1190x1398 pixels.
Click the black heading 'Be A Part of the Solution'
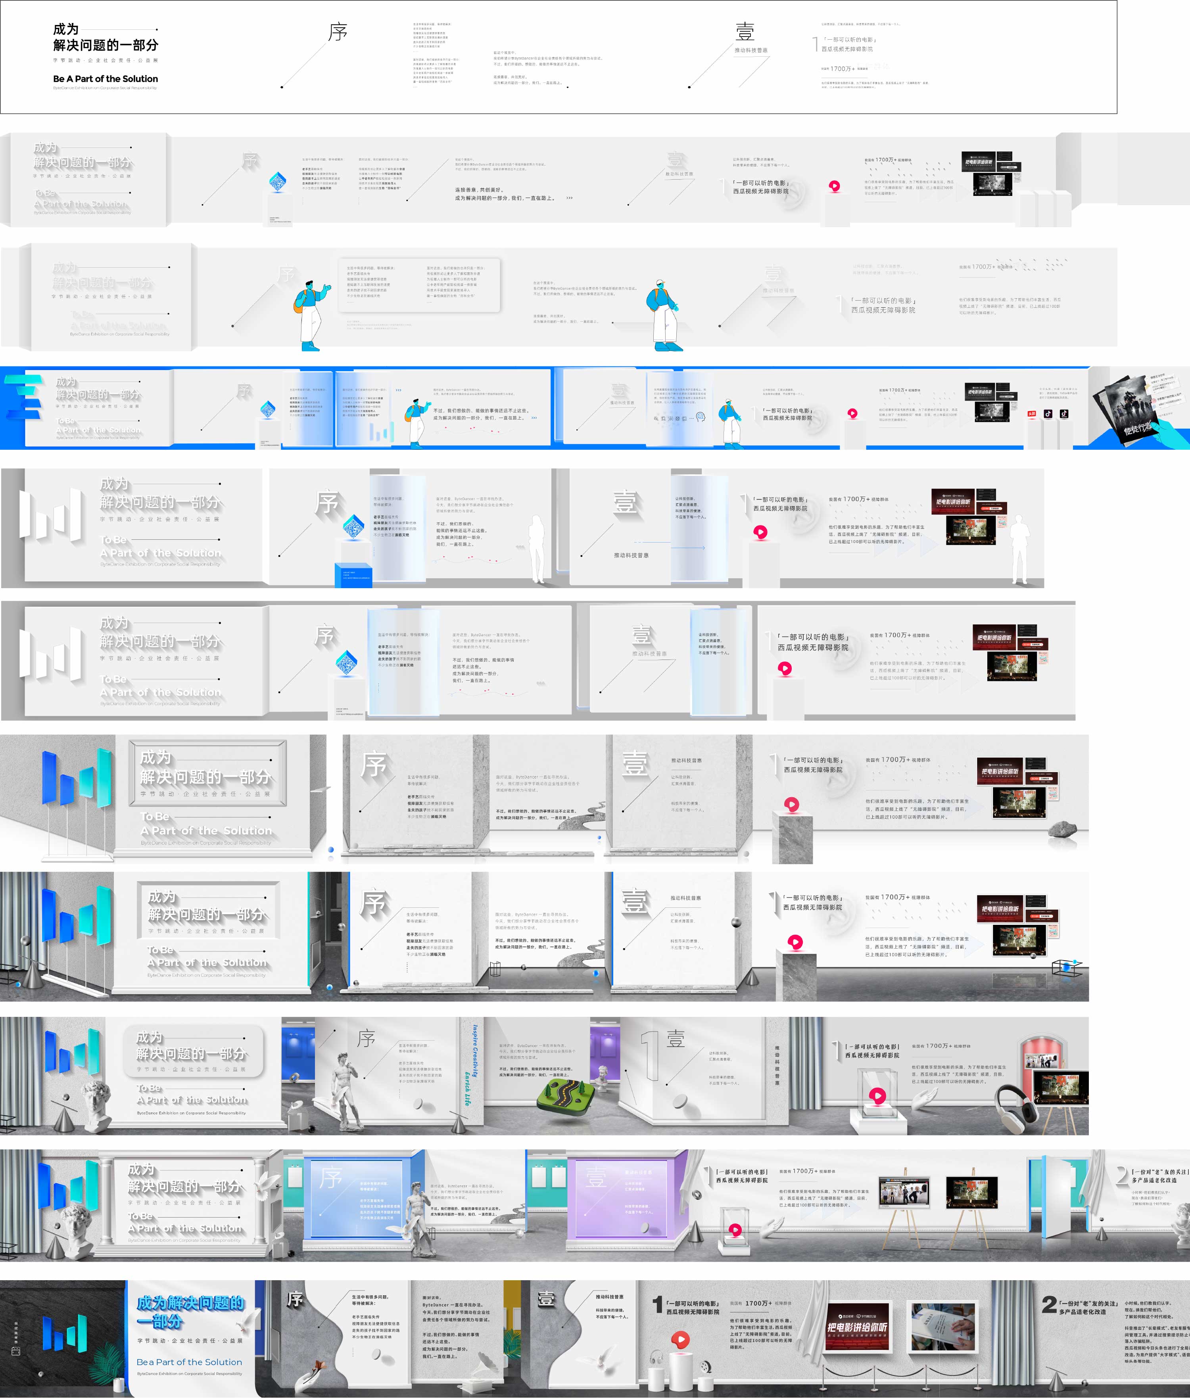tap(105, 79)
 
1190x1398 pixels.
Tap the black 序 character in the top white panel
tap(337, 32)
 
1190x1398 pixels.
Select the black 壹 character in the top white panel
tap(745, 32)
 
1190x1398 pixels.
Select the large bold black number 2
tap(1048, 1304)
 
